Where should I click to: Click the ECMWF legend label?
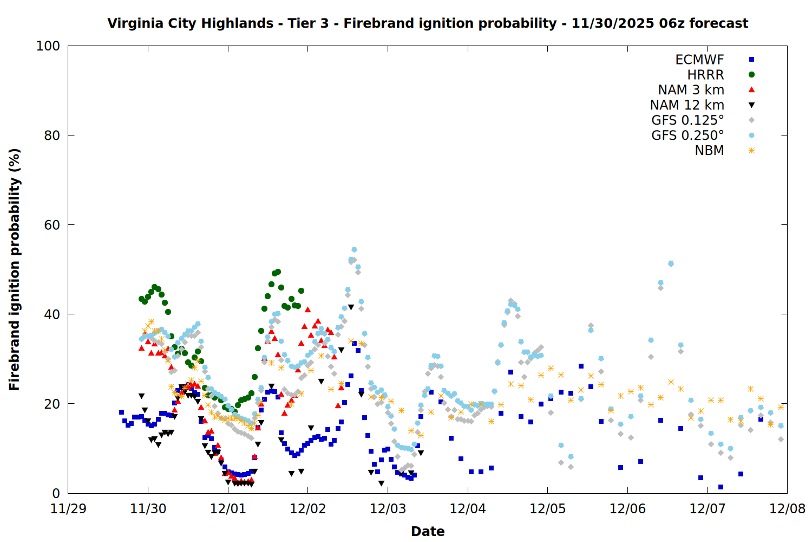click(x=699, y=60)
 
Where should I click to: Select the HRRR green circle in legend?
click(x=751, y=75)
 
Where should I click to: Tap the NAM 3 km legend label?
click(x=691, y=90)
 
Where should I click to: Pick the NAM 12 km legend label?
click(x=687, y=105)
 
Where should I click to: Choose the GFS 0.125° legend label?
click(x=687, y=120)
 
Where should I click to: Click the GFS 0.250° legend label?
click(x=687, y=135)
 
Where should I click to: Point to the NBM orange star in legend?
click(x=751, y=151)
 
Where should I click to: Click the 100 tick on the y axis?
click(x=48, y=46)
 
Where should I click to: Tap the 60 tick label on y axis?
click(x=52, y=225)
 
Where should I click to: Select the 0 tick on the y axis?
click(x=56, y=493)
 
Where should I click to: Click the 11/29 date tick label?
click(x=68, y=509)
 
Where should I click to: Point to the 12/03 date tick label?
click(x=388, y=509)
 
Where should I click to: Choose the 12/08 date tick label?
click(x=787, y=509)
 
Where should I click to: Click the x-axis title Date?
click(x=428, y=531)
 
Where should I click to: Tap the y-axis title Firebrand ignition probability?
click(x=15, y=269)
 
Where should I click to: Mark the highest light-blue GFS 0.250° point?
click(x=354, y=250)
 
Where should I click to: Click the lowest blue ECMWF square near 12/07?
click(x=721, y=487)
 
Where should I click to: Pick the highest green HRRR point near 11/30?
click(x=155, y=287)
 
